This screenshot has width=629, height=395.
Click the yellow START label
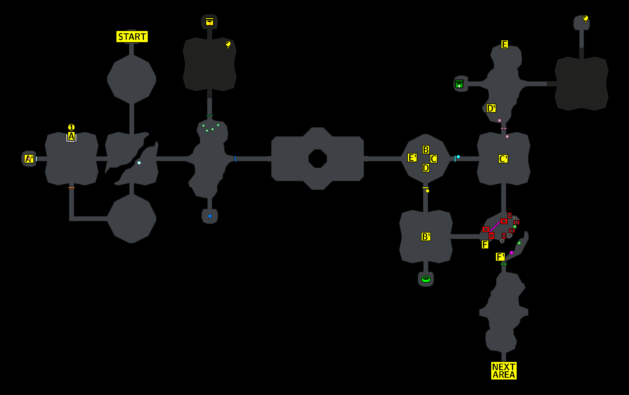coord(132,37)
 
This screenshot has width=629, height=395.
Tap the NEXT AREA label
coord(503,371)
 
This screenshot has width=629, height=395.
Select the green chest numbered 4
coord(459,84)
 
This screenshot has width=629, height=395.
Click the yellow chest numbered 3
coord(209,22)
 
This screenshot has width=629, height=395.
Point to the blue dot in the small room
coord(210,216)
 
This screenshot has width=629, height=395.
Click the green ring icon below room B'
coord(426,279)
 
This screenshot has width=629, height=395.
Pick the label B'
coord(426,236)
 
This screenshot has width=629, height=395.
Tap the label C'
coord(503,159)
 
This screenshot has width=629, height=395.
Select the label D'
coord(491,108)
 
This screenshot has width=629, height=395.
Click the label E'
coord(412,158)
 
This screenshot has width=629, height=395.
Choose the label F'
coord(500,257)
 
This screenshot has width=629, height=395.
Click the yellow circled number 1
coord(71,127)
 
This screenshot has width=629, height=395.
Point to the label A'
coord(29,159)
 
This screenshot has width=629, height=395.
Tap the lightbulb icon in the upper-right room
coord(585,19)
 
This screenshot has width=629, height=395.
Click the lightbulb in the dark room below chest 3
coord(228,44)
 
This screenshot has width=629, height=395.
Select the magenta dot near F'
coord(511,253)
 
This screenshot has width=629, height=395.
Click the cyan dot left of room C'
coord(458,157)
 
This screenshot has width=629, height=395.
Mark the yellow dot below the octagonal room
coord(427,191)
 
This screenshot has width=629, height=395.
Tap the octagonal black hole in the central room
coord(317,159)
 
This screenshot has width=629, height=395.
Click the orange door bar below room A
coord(71,188)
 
